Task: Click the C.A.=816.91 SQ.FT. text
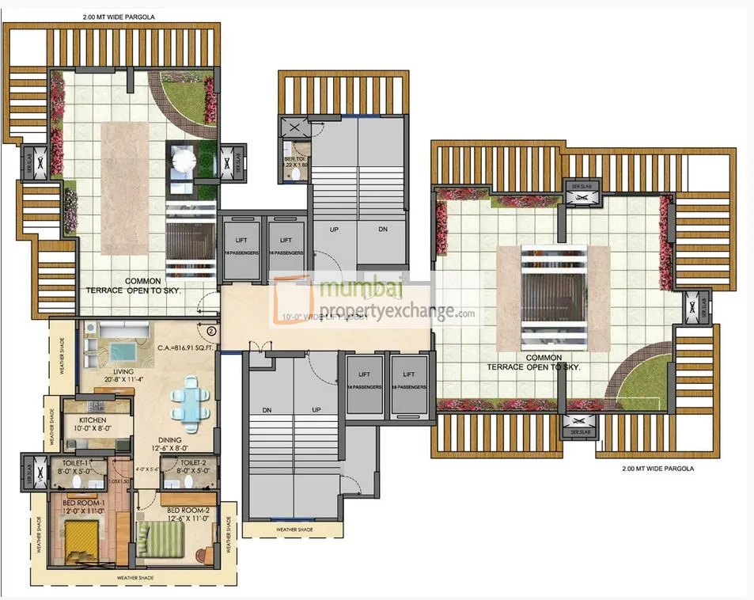click(x=187, y=346)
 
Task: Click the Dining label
click(x=170, y=440)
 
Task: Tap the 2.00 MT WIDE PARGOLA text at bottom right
click(x=657, y=469)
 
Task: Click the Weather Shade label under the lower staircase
click(x=294, y=530)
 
